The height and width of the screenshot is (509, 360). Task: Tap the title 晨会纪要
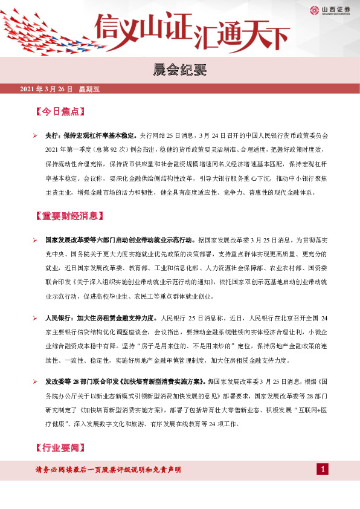[x=180, y=71]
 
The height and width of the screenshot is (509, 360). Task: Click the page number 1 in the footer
[x=323, y=470]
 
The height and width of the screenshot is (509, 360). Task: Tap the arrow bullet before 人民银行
[x=36, y=317]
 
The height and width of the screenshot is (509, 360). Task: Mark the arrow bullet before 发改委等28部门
[x=36, y=382]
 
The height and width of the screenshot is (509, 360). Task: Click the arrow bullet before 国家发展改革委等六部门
[x=36, y=240]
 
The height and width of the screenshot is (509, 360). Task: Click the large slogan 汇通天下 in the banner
[x=240, y=35]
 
